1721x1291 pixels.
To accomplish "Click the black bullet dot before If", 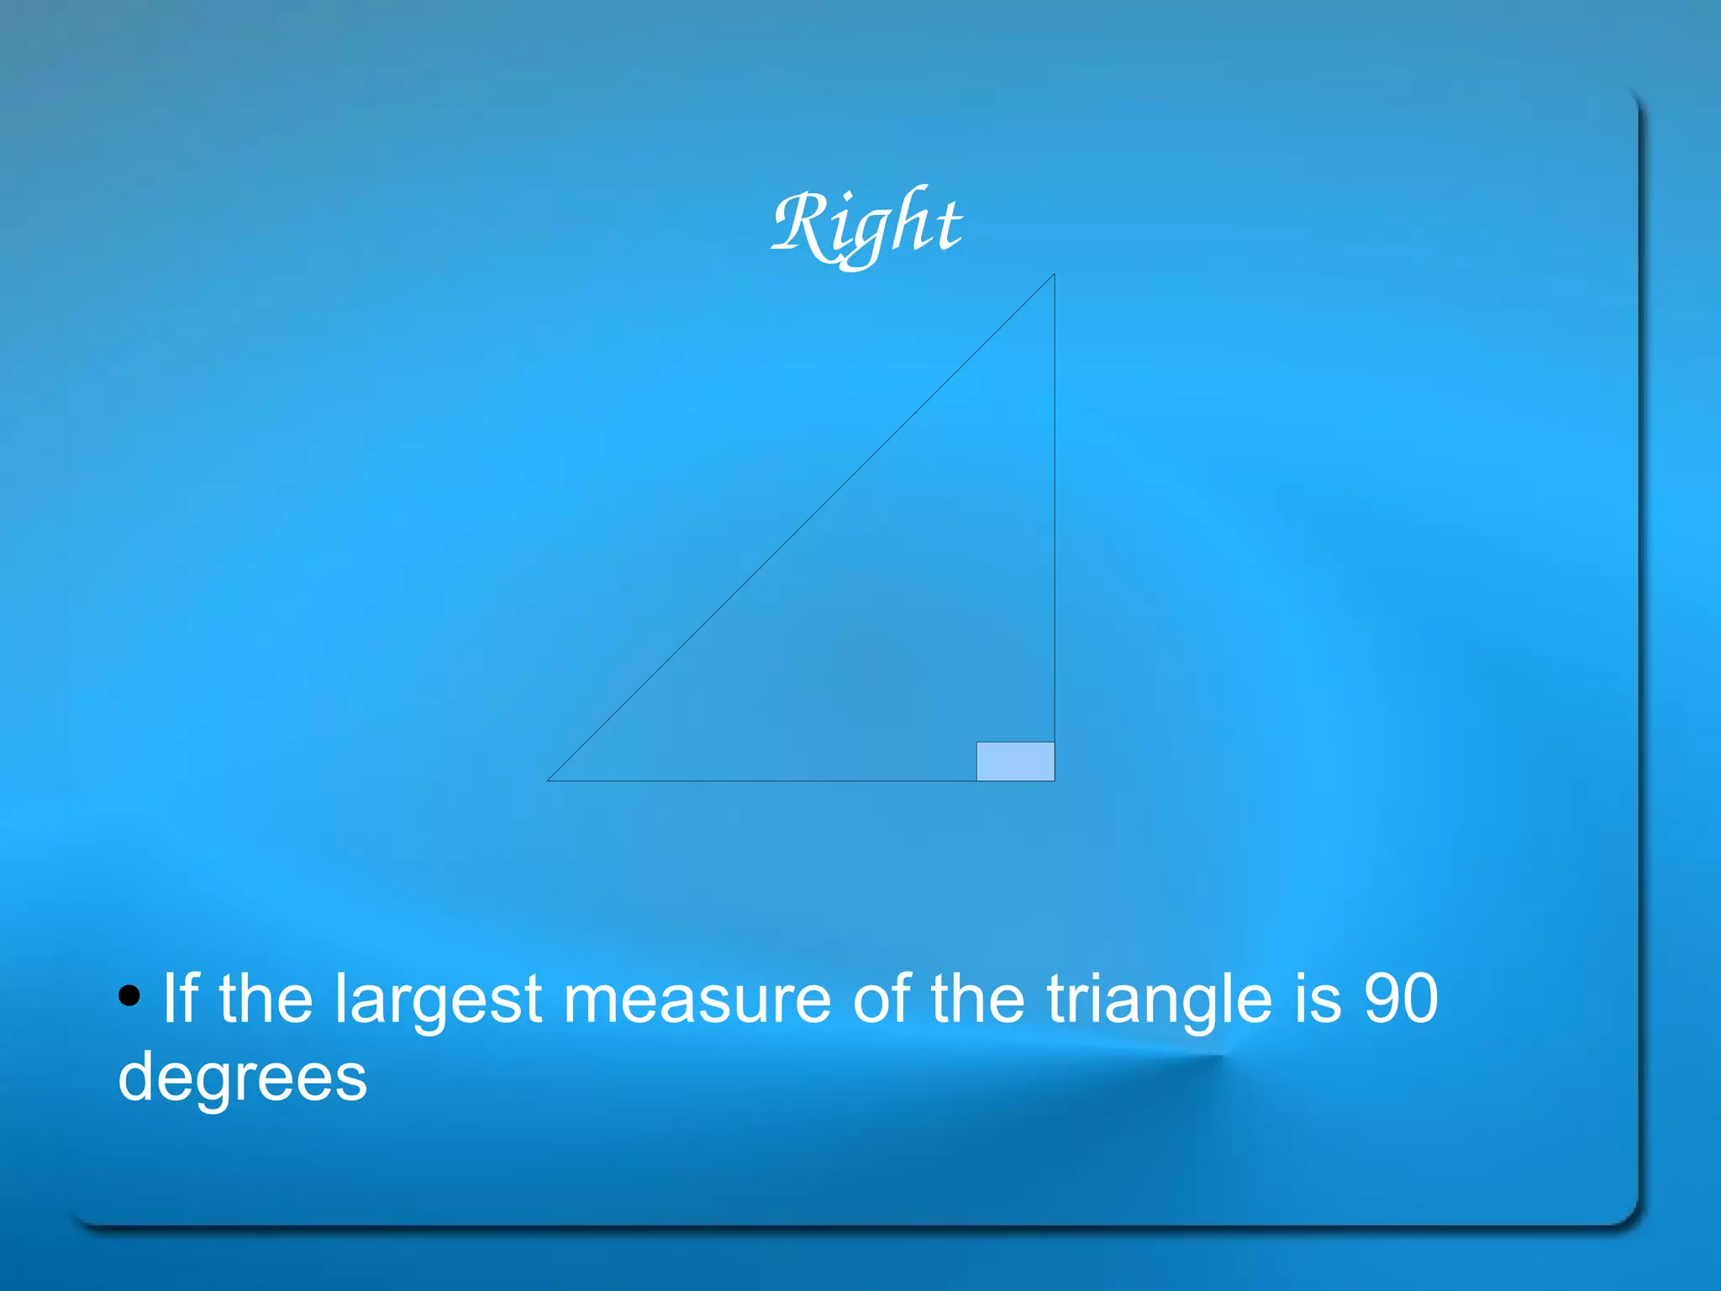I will (x=129, y=996).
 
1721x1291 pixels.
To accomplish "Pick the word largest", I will (x=438, y=1001).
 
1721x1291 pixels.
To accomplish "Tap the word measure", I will (x=697, y=1000).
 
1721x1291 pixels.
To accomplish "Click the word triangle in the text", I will (x=1159, y=1001).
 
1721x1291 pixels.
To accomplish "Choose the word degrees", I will (x=242, y=1079).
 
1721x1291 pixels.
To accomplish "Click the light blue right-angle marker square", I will (x=1015, y=762).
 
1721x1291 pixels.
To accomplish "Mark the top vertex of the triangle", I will (x=1054, y=276).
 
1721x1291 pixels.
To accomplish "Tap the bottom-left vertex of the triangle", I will (x=549, y=780).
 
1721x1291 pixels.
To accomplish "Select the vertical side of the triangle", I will (x=1055, y=504).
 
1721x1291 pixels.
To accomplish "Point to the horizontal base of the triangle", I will (x=756, y=781).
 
